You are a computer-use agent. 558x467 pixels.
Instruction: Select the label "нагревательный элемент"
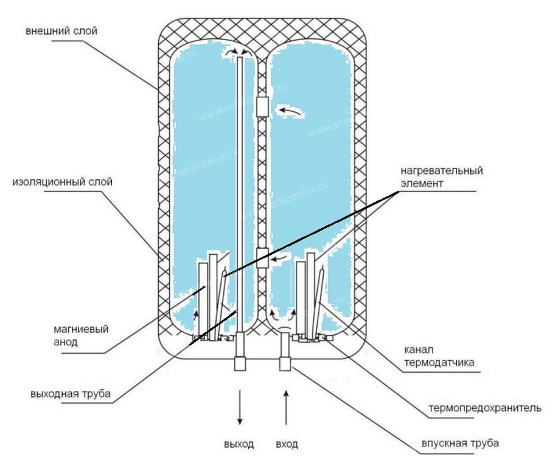click(442, 176)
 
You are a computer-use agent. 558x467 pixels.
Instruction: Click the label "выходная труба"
click(70, 393)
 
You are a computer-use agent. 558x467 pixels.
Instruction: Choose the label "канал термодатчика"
click(439, 357)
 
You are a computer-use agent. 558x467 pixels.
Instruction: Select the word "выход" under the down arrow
click(239, 444)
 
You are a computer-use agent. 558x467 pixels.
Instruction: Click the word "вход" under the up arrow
click(287, 444)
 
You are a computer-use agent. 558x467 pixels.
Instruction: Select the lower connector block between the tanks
click(262, 258)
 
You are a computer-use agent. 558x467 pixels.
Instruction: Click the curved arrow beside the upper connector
click(289, 110)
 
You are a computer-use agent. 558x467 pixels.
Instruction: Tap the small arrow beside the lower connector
click(281, 258)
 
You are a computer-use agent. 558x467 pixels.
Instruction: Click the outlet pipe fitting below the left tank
click(240, 363)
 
